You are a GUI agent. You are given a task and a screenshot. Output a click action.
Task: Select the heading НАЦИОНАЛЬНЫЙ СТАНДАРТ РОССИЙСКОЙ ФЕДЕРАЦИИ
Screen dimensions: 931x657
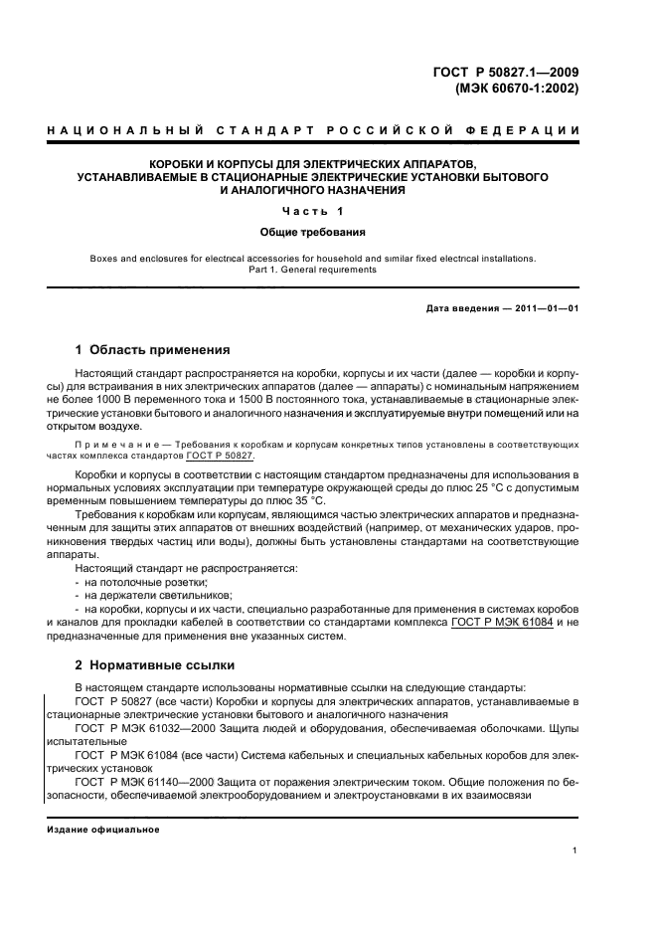[313, 131]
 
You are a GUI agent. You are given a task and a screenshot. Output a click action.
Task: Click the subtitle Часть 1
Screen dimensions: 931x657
[313, 211]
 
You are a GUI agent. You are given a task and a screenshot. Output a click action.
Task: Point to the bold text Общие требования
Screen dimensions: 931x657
[313, 232]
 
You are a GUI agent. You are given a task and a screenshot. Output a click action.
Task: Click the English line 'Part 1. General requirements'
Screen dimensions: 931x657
[313, 269]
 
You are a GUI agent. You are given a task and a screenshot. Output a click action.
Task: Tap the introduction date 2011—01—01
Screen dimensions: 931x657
[545, 308]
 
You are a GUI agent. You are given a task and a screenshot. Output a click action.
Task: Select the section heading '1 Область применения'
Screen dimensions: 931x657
[153, 350]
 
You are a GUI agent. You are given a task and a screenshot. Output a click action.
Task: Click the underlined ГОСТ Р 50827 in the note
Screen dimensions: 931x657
[220, 456]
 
